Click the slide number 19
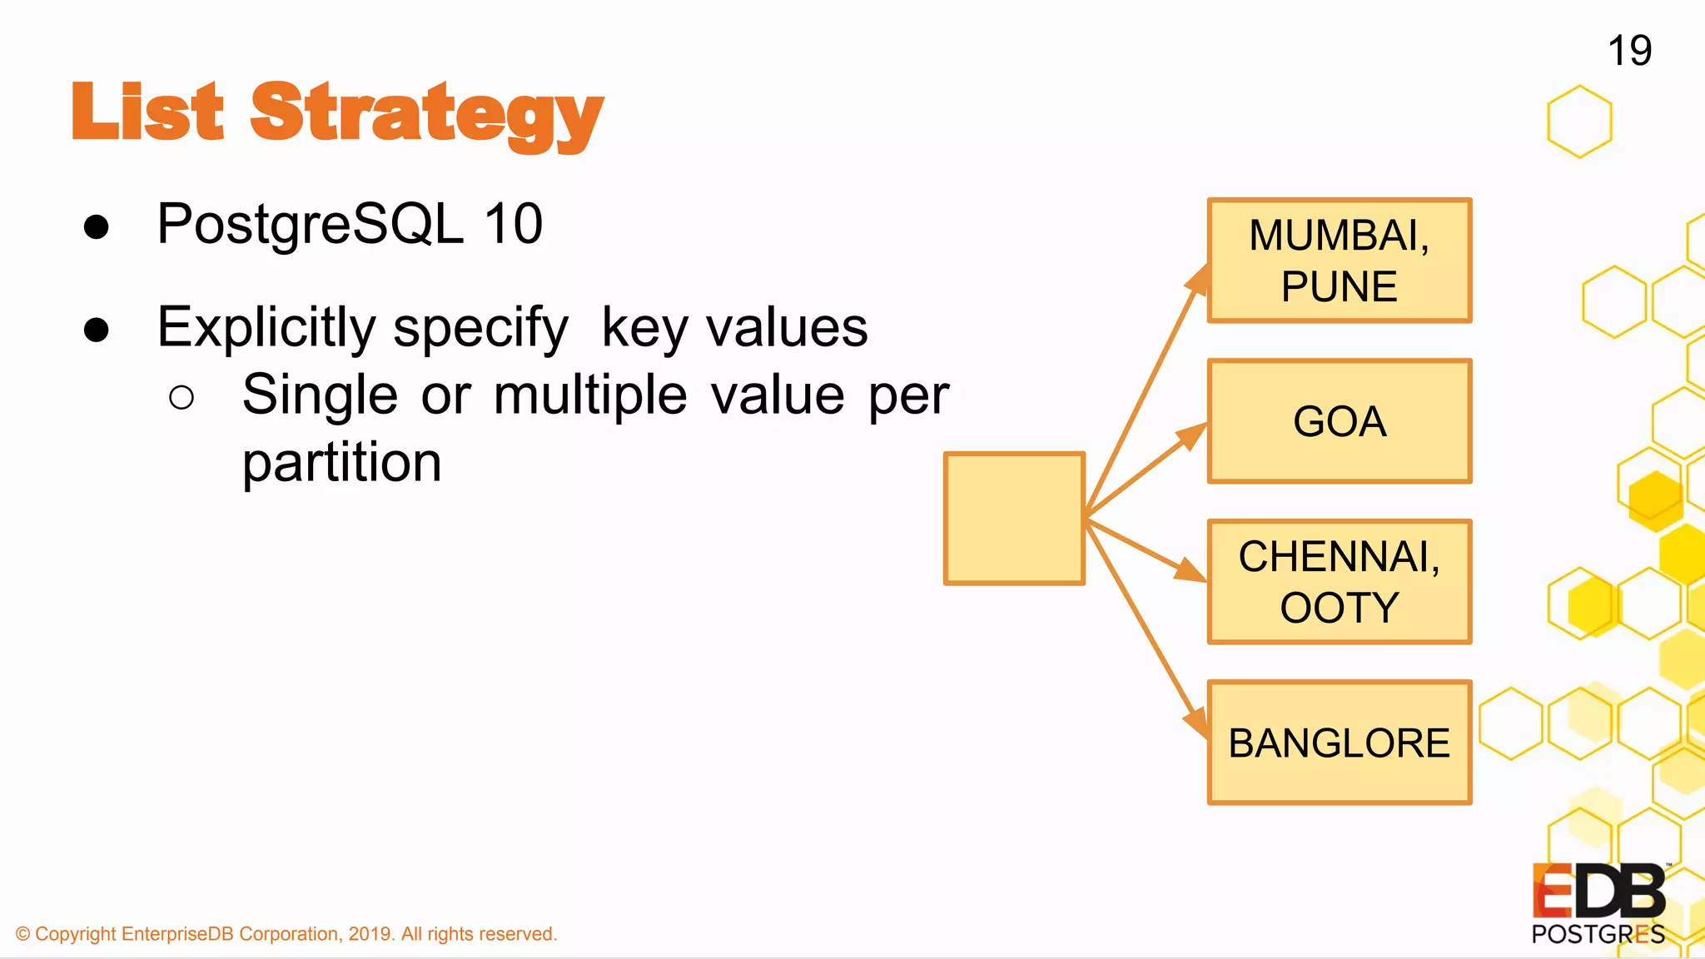coord(1629,51)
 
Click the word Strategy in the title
coord(426,114)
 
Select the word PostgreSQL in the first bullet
coord(310,224)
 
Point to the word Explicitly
coord(266,327)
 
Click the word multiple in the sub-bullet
coord(590,395)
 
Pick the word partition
coord(341,463)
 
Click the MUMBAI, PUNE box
coord(1339,261)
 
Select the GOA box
coord(1339,421)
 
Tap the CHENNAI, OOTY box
coord(1339,582)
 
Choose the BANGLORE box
coord(1339,743)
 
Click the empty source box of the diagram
coord(1014,518)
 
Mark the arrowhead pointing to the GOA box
coord(1192,435)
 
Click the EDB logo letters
coord(1598,892)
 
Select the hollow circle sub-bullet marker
coord(181,398)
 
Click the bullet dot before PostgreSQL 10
coord(97,226)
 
